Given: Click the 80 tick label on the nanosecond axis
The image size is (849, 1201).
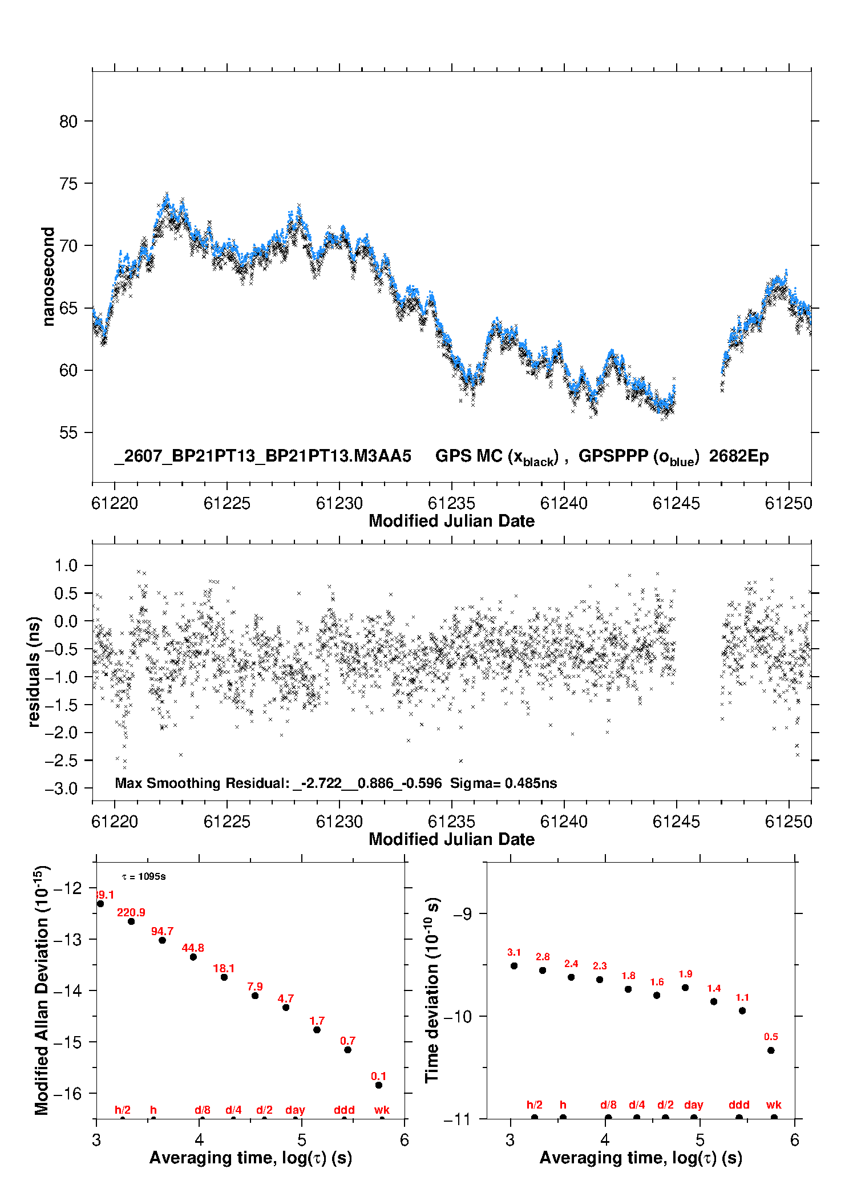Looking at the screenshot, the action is [x=68, y=122].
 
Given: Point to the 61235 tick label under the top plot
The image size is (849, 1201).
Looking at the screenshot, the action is [x=451, y=503].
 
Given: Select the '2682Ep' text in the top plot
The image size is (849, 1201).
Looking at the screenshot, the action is [x=739, y=456].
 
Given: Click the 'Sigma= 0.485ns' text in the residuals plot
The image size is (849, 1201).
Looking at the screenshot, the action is [x=503, y=783].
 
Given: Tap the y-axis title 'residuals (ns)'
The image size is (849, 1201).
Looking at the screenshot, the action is [x=34, y=672].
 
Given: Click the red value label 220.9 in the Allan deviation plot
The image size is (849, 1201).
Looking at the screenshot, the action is [x=131, y=912].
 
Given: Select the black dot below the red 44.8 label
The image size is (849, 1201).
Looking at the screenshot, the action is [x=193, y=957].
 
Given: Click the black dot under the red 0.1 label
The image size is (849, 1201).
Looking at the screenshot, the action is [x=379, y=1085].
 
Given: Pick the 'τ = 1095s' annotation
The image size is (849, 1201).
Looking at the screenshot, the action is [x=144, y=876].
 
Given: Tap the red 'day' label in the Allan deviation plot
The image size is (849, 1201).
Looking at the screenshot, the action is [x=295, y=1110].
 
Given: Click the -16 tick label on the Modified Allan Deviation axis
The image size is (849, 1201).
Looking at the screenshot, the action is [x=68, y=1094].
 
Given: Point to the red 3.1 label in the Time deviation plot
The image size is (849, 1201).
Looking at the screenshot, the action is [x=514, y=952].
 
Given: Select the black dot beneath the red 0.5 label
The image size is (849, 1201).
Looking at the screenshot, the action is [x=771, y=1050].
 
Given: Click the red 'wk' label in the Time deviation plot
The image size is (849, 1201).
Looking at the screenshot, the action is [x=774, y=1105].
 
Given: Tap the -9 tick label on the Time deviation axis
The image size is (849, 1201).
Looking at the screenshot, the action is [x=463, y=914].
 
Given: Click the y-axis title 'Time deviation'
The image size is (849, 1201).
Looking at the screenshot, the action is [x=432, y=990].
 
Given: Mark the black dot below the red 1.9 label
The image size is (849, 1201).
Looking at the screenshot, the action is [x=685, y=988].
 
